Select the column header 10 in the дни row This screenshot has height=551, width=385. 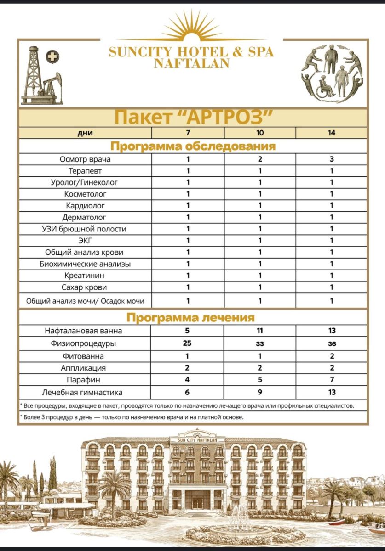coord(260,133)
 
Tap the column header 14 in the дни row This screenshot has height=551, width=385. coord(332,133)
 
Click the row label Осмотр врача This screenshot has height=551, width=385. coord(85,159)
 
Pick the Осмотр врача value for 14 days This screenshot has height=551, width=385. coord(332,159)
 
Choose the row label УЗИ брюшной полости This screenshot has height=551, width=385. coord(86,229)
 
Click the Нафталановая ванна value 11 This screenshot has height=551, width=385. coord(260,331)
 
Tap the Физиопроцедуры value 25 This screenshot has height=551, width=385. coord(187,343)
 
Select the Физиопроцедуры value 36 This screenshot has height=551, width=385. coord(332,343)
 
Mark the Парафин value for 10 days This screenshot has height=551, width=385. coord(260,380)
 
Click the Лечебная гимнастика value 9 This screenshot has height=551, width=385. coord(260,392)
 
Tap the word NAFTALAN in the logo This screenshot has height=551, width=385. coord(191,63)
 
